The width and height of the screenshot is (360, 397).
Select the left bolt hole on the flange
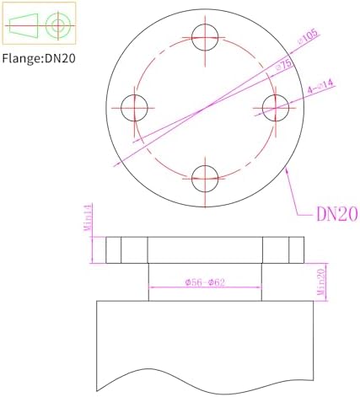tap(134, 107)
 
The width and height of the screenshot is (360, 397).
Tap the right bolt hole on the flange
tap(276, 107)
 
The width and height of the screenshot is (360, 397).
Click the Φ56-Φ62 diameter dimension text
tap(204, 282)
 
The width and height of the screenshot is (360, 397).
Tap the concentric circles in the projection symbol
tap(57, 24)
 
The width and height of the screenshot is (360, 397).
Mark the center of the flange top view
tap(205, 107)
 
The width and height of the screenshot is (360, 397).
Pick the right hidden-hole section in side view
tap(282, 249)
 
